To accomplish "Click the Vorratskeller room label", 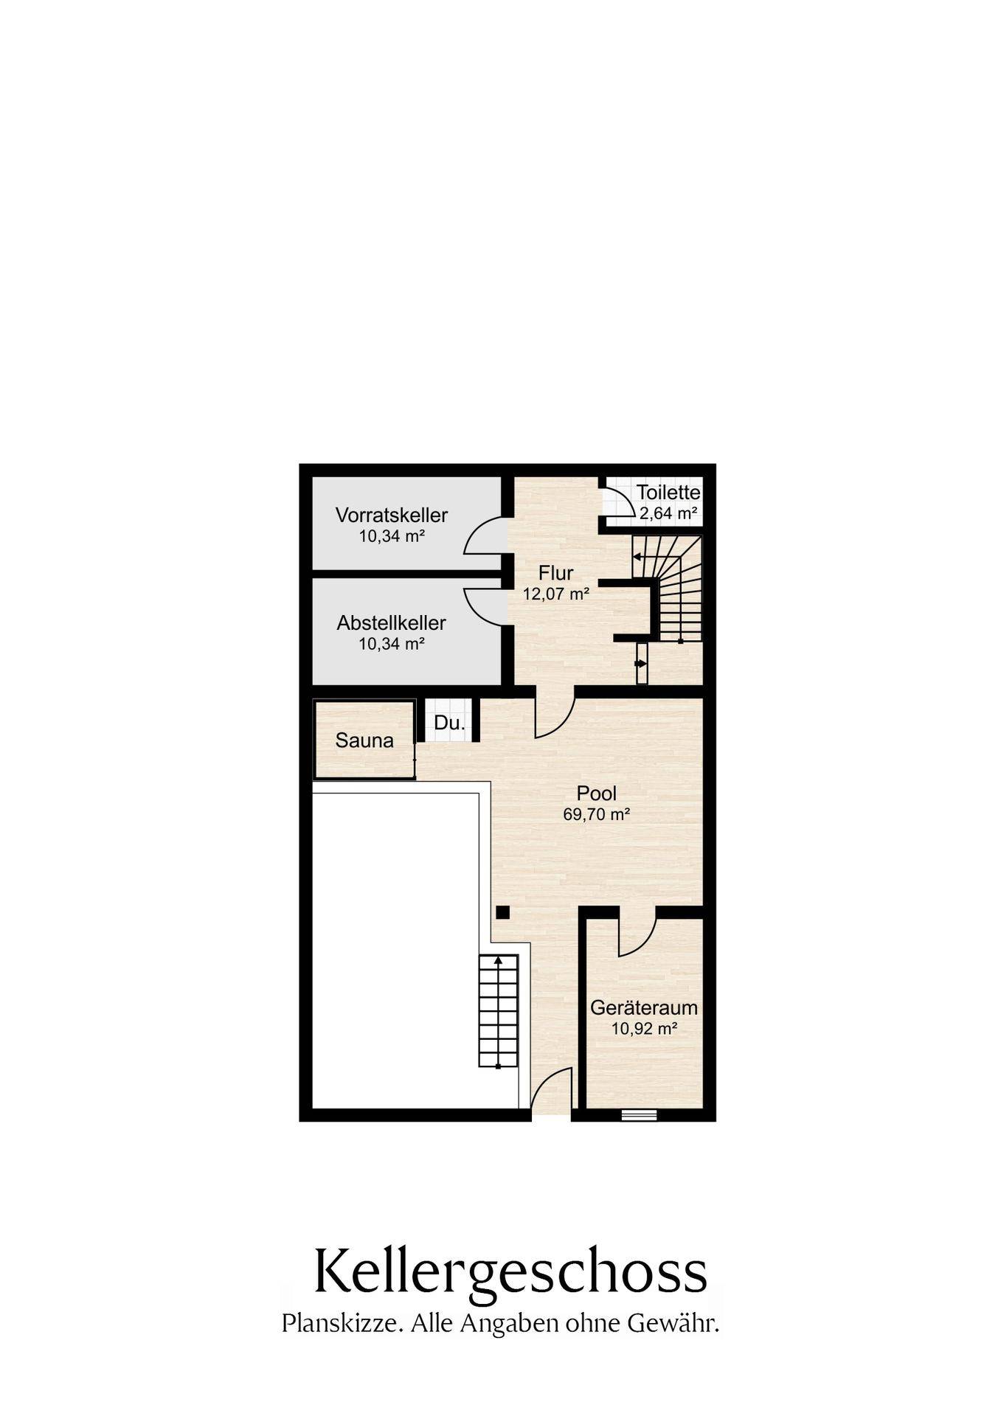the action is [391, 514].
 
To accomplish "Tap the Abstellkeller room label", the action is [391, 622].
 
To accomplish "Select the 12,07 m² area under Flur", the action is [555, 593].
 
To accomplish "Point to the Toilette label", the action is [668, 492].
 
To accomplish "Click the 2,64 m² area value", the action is [668, 513].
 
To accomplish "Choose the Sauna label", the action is [364, 740].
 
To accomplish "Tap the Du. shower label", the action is [449, 723].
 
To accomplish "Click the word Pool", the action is [596, 794].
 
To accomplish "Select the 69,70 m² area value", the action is [596, 814].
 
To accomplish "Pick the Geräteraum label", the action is [644, 1007].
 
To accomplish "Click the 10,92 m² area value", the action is [644, 1028].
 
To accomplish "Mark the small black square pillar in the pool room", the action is [502, 912].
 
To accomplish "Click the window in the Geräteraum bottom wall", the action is [639, 1114].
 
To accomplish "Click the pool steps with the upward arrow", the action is [499, 1010].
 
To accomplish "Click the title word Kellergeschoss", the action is [510, 1271].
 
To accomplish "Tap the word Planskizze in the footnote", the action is [342, 1324].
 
